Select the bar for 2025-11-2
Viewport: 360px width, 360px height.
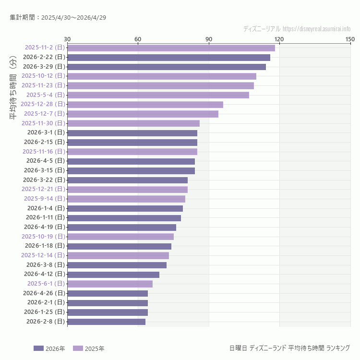coord(171,48)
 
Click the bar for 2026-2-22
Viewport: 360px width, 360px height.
coord(168,58)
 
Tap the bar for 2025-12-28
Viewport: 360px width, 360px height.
coord(145,105)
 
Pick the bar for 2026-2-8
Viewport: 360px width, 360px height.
coord(106,322)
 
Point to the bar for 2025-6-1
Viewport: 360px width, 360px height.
coord(110,284)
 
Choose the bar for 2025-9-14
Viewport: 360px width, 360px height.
coord(126,199)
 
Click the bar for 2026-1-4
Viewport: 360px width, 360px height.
coord(125,208)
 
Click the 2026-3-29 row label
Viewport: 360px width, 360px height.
coord(44,67)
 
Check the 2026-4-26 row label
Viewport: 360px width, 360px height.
coord(44,293)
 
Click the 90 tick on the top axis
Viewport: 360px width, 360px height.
coord(209,39)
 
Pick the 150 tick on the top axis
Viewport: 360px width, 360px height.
coord(350,39)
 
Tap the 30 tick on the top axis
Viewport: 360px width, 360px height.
coord(67,39)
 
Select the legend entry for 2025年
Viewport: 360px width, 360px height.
coord(88,348)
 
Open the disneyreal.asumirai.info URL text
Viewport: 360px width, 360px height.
coord(316,29)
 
